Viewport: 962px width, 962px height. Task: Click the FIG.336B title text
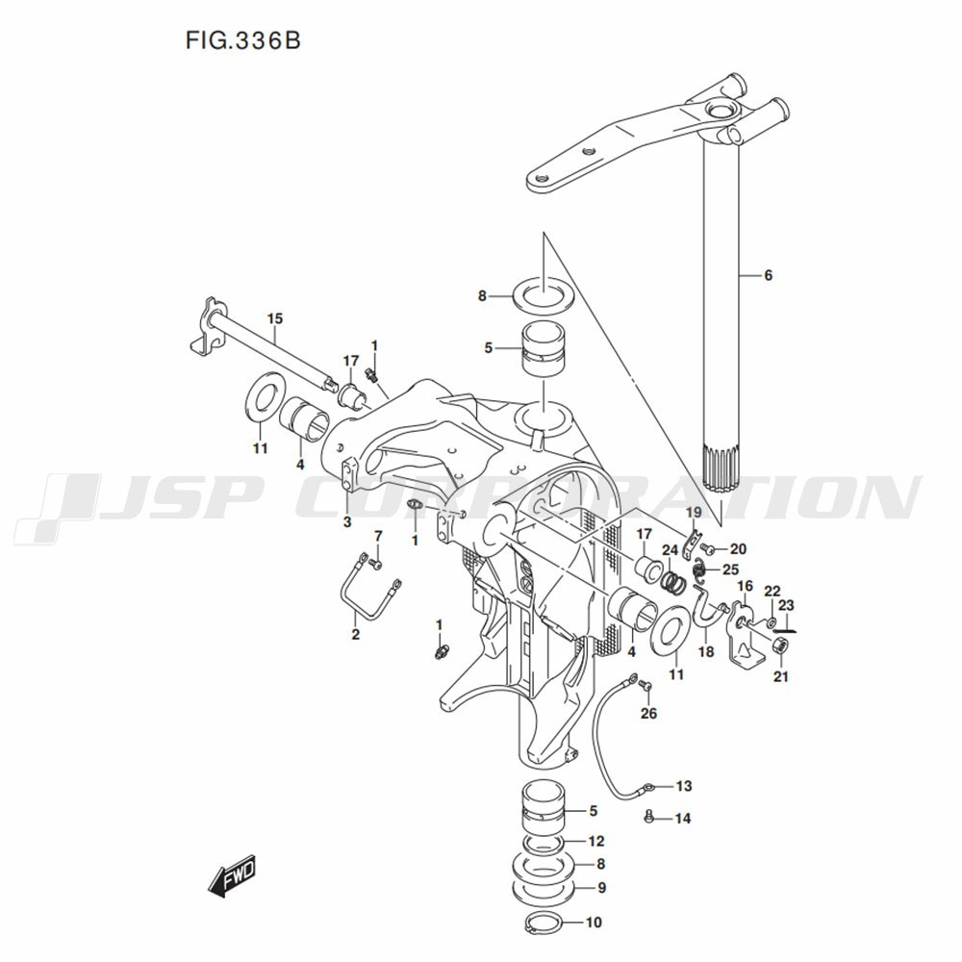point(243,41)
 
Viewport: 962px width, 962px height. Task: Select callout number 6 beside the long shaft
point(768,275)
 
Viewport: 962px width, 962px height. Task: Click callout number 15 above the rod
point(275,318)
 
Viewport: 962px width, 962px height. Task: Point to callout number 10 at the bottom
point(594,923)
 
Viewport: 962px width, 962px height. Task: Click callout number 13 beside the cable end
point(684,786)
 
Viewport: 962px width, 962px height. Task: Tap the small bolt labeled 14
point(649,816)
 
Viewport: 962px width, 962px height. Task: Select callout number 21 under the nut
point(780,676)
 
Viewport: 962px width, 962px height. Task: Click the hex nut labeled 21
point(780,646)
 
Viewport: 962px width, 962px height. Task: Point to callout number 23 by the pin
point(786,605)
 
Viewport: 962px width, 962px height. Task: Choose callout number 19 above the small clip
point(694,513)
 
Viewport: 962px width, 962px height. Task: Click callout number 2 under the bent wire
point(355,634)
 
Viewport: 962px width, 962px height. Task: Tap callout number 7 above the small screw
point(378,536)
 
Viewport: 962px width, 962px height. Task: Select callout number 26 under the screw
point(648,713)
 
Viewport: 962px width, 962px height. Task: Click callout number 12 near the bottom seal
point(595,841)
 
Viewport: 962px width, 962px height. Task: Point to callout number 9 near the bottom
point(601,887)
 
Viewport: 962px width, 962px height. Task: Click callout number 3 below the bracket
point(347,522)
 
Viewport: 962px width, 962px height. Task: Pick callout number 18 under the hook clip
point(706,651)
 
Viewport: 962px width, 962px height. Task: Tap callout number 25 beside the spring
point(730,570)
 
